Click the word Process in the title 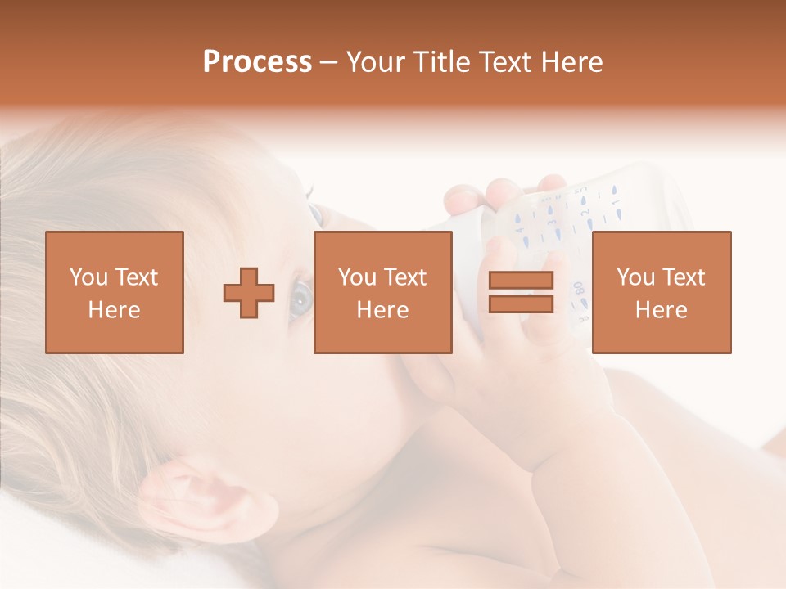(x=257, y=62)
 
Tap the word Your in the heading (x=376, y=62)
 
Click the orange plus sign (x=249, y=293)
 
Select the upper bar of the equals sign (x=521, y=281)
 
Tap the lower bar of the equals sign (x=521, y=304)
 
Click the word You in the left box (x=87, y=277)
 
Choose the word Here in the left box (x=114, y=310)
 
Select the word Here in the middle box (x=382, y=310)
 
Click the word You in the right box (x=634, y=277)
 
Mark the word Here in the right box (x=661, y=310)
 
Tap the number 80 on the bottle (x=579, y=289)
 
